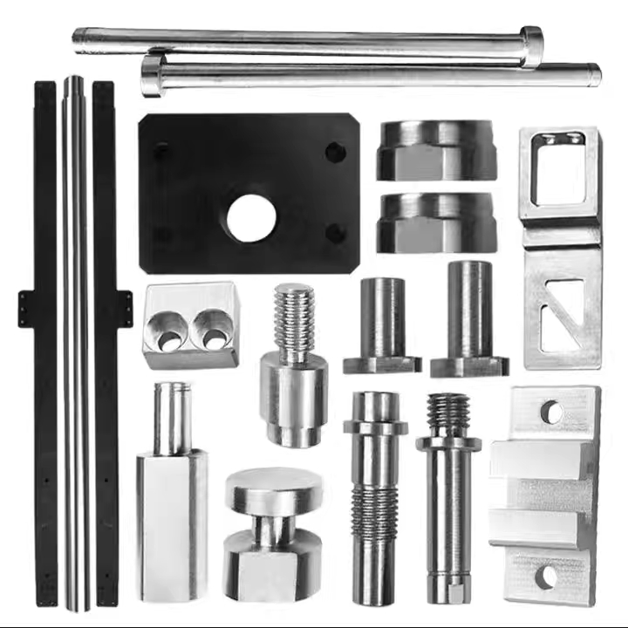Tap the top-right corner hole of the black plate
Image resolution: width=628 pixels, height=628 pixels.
tap(336, 153)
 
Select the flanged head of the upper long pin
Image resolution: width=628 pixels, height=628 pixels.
tap(531, 46)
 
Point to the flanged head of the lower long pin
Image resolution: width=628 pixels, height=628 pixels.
tap(153, 75)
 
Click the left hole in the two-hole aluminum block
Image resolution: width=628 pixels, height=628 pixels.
tap(167, 331)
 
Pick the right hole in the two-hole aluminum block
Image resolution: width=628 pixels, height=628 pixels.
tap(212, 329)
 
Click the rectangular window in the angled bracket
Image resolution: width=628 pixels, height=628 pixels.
tap(559, 173)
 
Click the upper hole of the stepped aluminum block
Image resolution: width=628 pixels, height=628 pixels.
tap(551, 412)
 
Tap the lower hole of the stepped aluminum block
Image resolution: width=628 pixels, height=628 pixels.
tap(546, 577)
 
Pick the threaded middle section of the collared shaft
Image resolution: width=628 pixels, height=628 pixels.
tap(375, 509)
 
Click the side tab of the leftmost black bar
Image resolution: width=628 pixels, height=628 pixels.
tap(26, 309)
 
